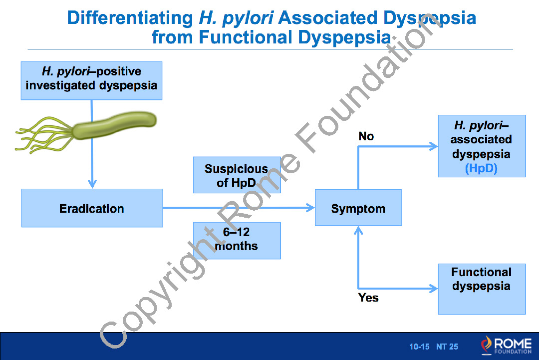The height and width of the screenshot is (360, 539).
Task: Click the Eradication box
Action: [x=92, y=208]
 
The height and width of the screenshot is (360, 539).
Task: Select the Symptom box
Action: [x=358, y=208]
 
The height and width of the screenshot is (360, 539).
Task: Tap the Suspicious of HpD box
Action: [x=237, y=175]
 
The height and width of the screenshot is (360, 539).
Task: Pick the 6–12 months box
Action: [x=237, y=240]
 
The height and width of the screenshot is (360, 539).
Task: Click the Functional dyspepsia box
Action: [x=482, y=289]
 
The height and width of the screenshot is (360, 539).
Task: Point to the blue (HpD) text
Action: [x=481, y=168]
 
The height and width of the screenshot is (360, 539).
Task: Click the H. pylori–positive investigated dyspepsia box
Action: [x=91, y=80]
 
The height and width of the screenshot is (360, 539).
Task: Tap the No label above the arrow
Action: [x=366, y=136]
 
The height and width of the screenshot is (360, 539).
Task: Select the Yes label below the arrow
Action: [x=368, y=298]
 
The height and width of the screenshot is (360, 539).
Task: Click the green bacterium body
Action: [x=115, y=125]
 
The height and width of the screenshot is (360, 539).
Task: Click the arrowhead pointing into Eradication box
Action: [x=92, y=184]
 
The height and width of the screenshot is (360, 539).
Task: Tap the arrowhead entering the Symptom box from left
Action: [x=310, y=208]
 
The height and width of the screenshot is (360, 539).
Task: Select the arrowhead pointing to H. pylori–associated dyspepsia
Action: [x=433, y=146]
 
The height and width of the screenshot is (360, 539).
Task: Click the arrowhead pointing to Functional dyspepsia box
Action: [x=433, y=288]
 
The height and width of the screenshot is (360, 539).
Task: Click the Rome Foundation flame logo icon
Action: [x=486, y=344]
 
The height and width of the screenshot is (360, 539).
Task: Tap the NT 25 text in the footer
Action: [x=447, y=347]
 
